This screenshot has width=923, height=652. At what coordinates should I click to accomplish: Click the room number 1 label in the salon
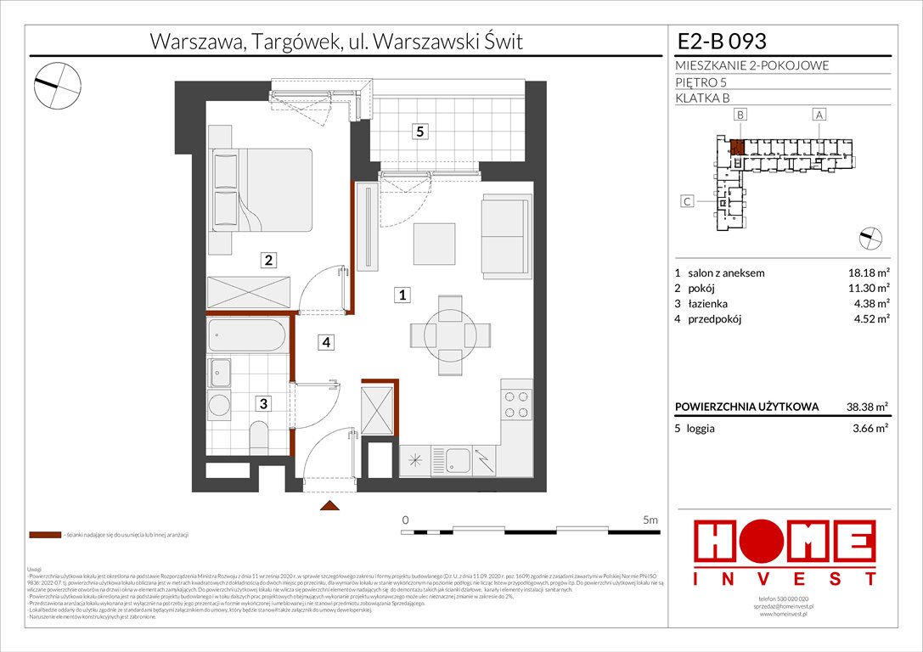click(x=403, y=295)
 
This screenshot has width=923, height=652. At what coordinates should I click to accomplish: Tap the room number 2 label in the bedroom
click(x=267, y=261)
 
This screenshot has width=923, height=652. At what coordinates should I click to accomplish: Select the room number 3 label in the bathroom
click(x=264, y=405)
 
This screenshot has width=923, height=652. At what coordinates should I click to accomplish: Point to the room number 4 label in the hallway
click(x=325, y=343)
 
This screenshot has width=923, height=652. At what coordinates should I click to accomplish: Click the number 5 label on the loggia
click(x=419, y=132)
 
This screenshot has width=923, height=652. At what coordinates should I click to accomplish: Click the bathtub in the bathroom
click(x=247, y=336)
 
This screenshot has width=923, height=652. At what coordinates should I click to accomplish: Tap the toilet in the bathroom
click(x=259, y=438)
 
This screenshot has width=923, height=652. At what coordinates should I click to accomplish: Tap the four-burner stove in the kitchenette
click(x=515, y=403)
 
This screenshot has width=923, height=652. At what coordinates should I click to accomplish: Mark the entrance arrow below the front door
click(x=327, y=507)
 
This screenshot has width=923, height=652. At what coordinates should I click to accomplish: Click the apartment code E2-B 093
click(x=722, y=42)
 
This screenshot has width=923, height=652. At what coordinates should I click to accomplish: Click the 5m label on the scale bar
click(x=650, y=519)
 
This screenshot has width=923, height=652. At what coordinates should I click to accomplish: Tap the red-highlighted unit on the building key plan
click(x=738, y=148)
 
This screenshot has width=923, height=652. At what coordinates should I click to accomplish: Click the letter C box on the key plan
click(x=689, y=201)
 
